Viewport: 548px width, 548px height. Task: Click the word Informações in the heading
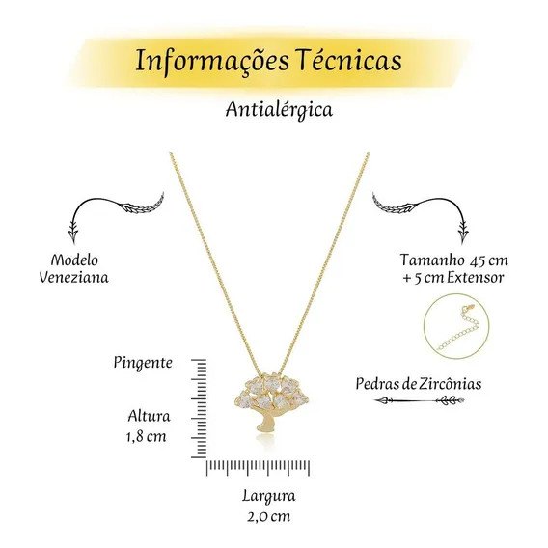pos(212,61)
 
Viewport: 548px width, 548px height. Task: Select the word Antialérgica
pos(279,110)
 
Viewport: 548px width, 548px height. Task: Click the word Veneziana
pos(73,278)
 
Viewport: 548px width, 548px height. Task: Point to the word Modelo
pos(74,260)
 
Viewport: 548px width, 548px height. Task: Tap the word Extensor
pos(476,278)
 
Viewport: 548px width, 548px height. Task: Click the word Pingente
pos(143,363)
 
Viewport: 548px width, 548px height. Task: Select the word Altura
pos(149,416)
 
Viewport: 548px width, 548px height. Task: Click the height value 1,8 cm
pos(147,436)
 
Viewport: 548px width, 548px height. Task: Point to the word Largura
pos(269,497)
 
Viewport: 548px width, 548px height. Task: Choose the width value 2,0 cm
pos(269,516)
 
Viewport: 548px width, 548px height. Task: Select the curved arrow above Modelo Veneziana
pos(116,202)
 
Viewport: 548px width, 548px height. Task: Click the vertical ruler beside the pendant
pos(199,408)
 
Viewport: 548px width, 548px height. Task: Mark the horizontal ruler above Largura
pos(258,468)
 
